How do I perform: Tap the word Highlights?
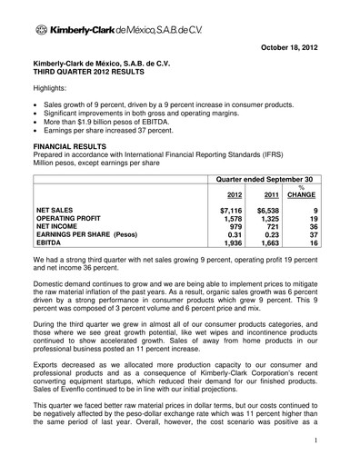pos(53,92)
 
